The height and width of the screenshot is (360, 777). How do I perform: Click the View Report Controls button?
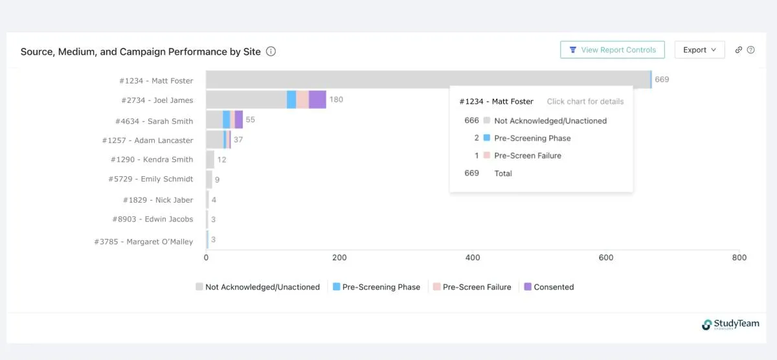click(x=612, y=50)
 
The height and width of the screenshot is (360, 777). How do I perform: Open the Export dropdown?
click(x=699, y=50)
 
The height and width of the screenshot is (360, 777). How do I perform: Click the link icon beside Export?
click(x=738, y=50)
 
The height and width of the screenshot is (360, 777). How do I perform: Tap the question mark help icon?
click(x=751, y=50)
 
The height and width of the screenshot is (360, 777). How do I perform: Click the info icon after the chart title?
click(x=271, y=51)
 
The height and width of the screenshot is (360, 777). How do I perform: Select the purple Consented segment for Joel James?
click(x=317, y=100)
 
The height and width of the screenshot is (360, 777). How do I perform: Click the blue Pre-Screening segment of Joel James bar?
click(x=291, y=100)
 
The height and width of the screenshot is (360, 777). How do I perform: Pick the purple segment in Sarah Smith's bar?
click(x=239, y=120)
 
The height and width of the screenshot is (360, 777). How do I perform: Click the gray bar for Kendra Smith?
click(x=210, y=159)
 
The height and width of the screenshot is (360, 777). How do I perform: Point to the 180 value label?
click(x=336, y=100)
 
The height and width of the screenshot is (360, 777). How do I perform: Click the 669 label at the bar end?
click(x=662, y=80)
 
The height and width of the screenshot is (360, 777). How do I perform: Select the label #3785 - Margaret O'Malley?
click(x=143, y=242)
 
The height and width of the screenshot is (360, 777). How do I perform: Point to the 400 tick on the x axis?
click(x=473, y=258)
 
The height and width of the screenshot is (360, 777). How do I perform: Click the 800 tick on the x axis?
click(x=739, y=258)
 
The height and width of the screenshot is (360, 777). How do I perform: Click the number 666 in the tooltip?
click(x=471, y=120)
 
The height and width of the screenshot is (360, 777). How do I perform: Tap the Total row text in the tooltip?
click(x=503, y=174)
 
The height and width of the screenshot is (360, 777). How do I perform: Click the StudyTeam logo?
click(x=730, y=324)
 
